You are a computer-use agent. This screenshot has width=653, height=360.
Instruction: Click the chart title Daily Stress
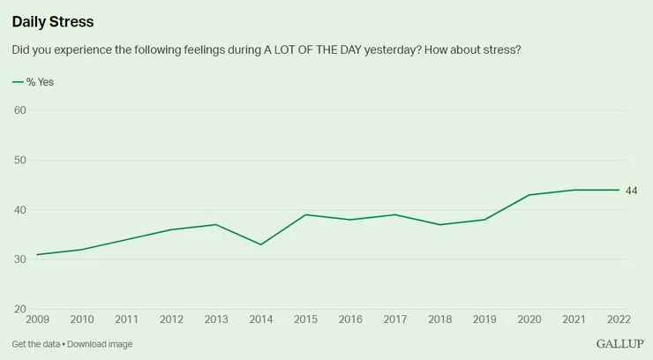tap(53, 20)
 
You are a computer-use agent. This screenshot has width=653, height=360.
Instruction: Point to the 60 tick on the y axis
tap(19, 110)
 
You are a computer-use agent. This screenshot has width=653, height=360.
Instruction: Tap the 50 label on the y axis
tap(19, 160)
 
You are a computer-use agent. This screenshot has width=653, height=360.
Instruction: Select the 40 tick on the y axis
tap(19, 210)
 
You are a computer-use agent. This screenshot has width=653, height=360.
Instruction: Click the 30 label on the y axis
tap(19, 259)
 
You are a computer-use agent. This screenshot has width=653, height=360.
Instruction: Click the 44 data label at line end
tap(631, 191)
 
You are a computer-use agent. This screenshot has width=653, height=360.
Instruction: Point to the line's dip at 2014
tap(260, 244)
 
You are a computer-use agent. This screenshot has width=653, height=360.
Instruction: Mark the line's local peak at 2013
tap(215, 224)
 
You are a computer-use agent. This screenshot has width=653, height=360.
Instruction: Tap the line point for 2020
tap(529, 195)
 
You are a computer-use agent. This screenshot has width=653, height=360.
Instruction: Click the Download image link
tap(100, 344)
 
